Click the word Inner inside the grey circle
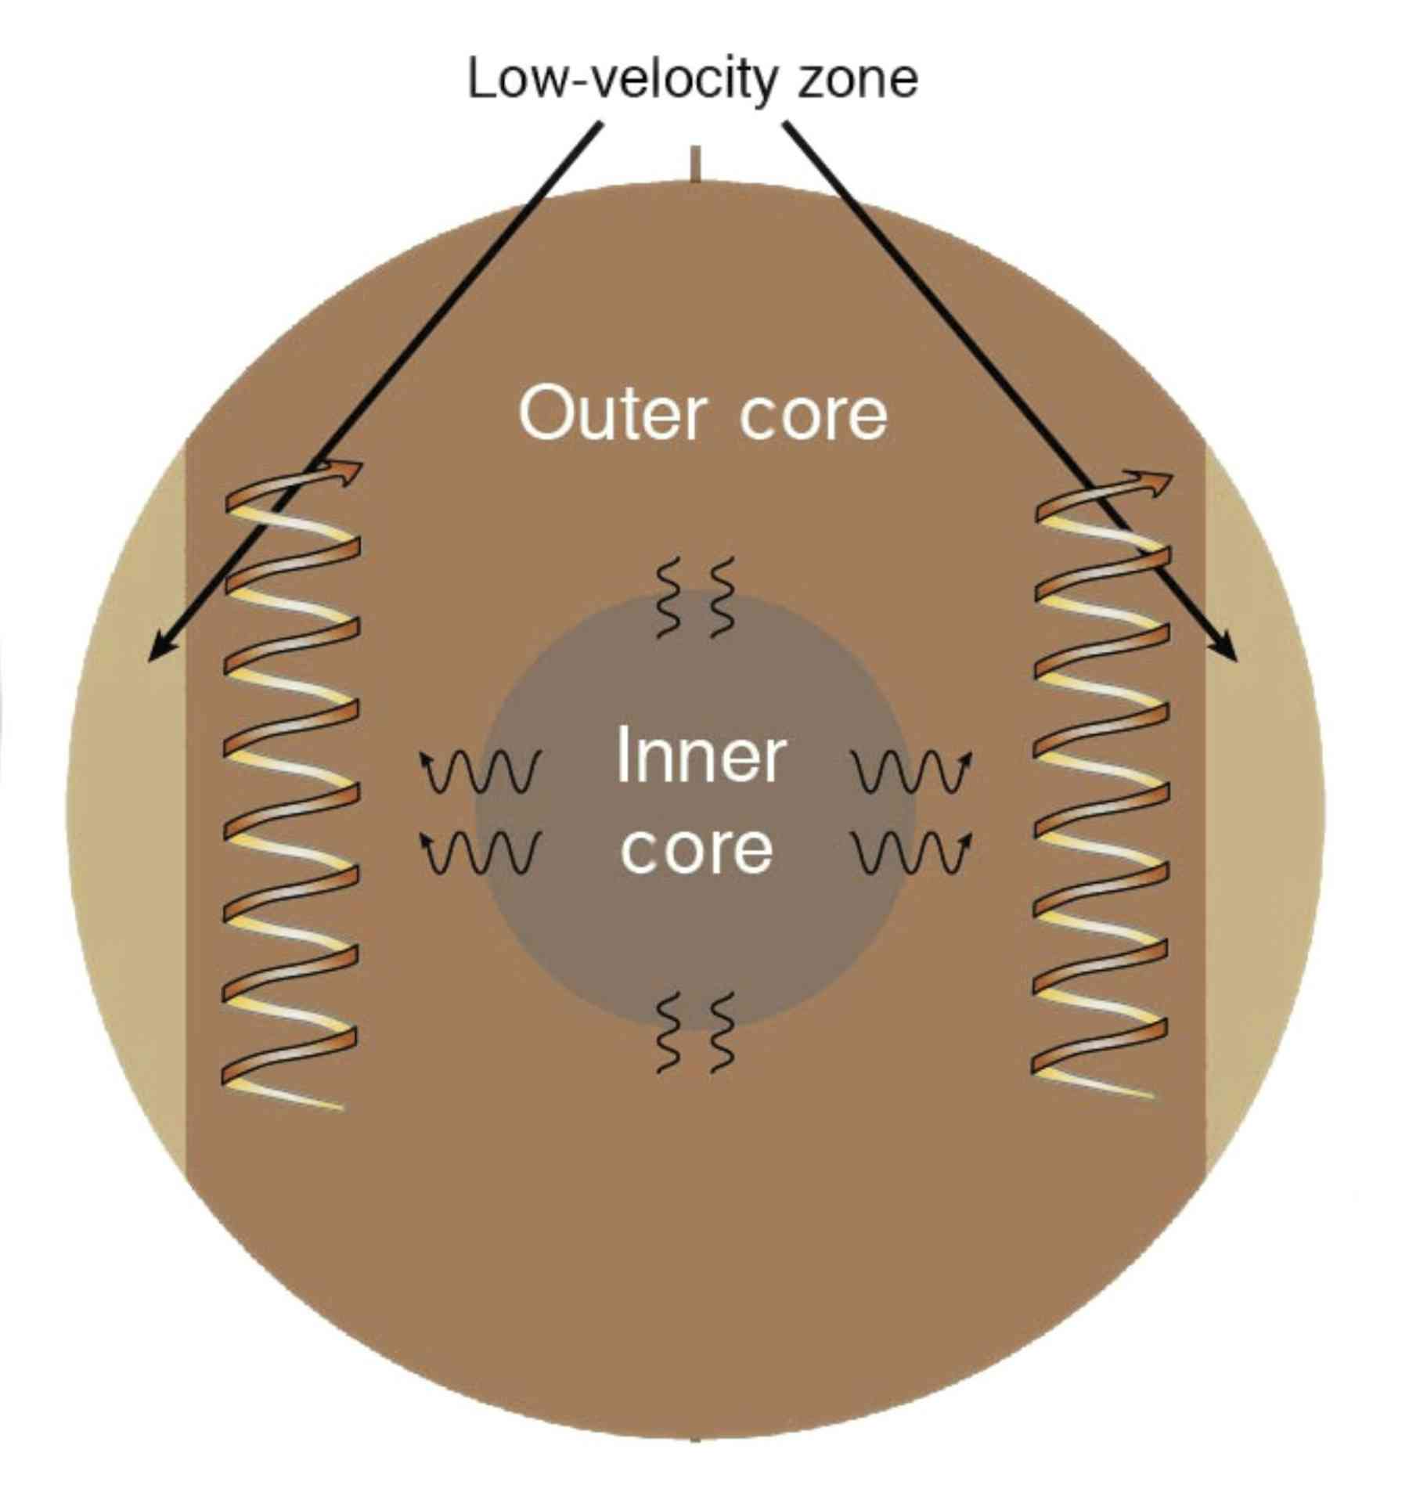700,755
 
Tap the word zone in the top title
857,80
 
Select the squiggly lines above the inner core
695,597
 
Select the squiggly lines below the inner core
695,1032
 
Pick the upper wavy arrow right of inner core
913,771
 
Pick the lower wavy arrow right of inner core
913,852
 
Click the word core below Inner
696,849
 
